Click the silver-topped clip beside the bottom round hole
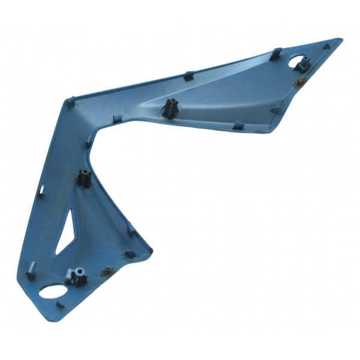(76, 275)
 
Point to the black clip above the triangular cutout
(84, 178)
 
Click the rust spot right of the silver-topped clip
(107, 271)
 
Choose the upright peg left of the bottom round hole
(30, 275)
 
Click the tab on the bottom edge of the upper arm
(238, 125)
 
